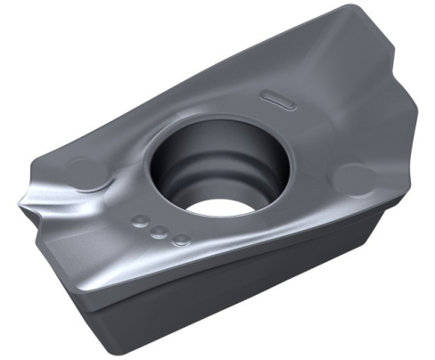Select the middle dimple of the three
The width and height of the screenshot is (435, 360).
coord(159,232)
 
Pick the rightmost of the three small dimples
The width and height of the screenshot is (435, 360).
coord(181,239)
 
